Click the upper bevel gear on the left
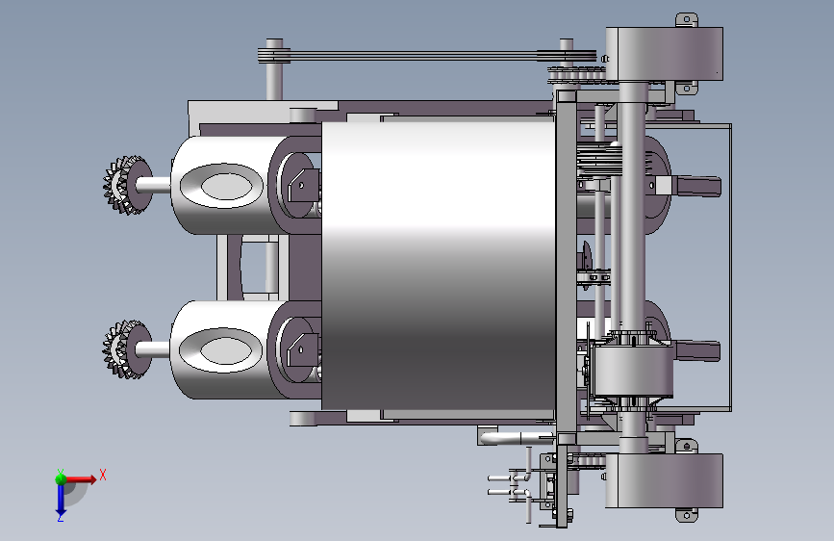point(127,185)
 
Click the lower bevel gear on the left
point(127,349)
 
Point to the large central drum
point(439,264)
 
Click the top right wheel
point(665,54)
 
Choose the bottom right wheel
point(665,480)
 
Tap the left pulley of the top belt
point(274,56)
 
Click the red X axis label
point(103,475)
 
